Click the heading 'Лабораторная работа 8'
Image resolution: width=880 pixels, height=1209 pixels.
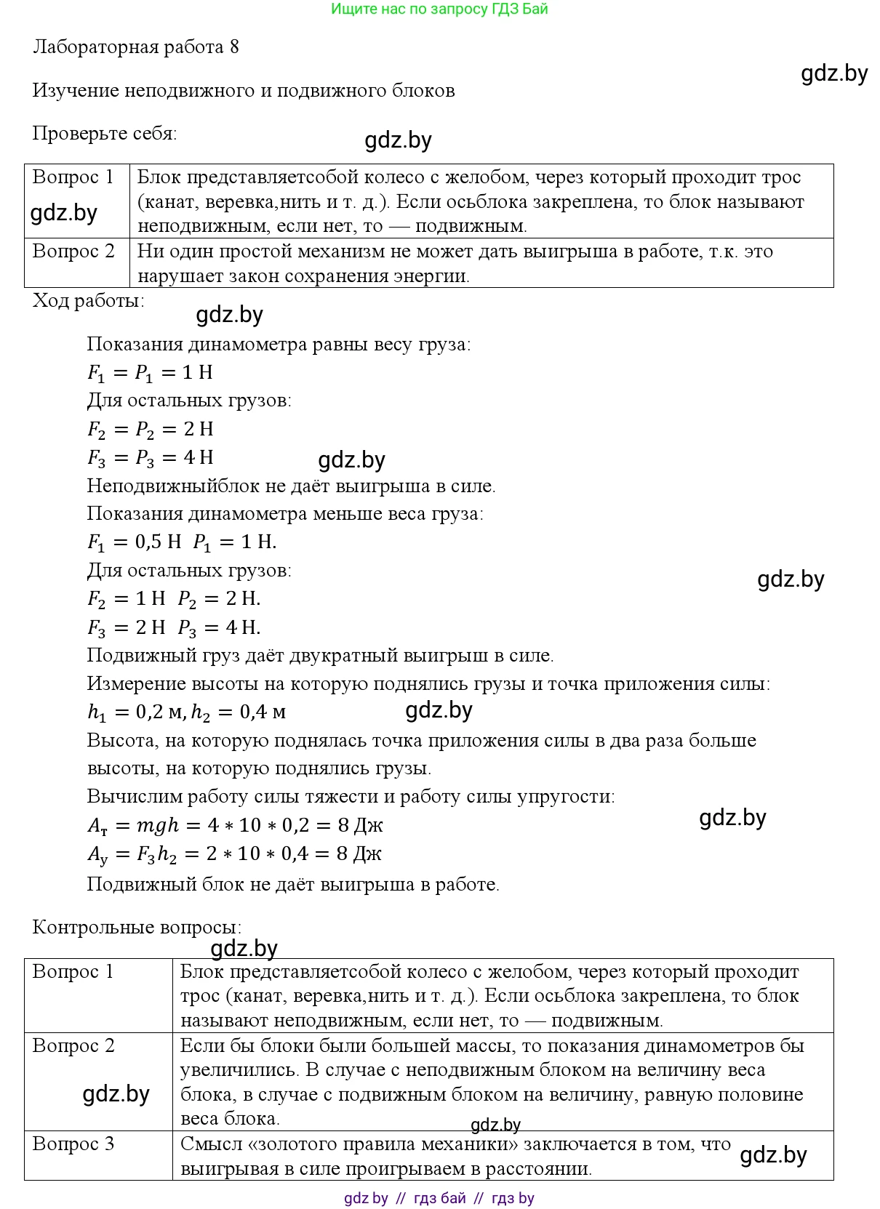point(136,47)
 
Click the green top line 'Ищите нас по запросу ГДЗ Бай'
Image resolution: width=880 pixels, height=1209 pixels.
point(439,9)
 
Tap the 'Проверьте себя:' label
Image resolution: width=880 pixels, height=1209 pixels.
point(105,134)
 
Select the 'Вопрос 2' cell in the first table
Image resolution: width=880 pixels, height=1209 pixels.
point(73,252)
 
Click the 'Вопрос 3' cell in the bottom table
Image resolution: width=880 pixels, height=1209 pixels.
point(73,1144)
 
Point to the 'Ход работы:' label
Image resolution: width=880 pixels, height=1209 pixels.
point(89,301)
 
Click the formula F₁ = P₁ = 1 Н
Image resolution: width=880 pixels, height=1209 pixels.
point(150,373)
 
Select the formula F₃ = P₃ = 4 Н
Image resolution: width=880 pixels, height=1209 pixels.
point(151,458)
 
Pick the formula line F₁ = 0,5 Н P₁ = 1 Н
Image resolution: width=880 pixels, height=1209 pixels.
point(182,542)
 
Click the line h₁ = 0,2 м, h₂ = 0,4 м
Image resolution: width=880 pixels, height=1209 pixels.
point(186,712)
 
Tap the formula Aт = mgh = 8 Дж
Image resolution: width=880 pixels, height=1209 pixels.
point(235,826)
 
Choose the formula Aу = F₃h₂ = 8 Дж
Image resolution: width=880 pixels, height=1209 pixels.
point(234,854)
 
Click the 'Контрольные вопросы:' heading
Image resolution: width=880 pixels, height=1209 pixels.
point(137,928)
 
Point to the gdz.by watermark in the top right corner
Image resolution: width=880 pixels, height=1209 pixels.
point(834,73)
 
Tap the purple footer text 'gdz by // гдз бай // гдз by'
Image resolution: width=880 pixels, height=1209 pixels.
point(439,1198)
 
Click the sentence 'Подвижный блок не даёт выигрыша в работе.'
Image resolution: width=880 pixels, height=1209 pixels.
point(293,885)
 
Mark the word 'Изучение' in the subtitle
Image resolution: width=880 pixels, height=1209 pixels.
point(76,91)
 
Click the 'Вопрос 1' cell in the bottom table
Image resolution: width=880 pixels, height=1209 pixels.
point(73,972)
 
